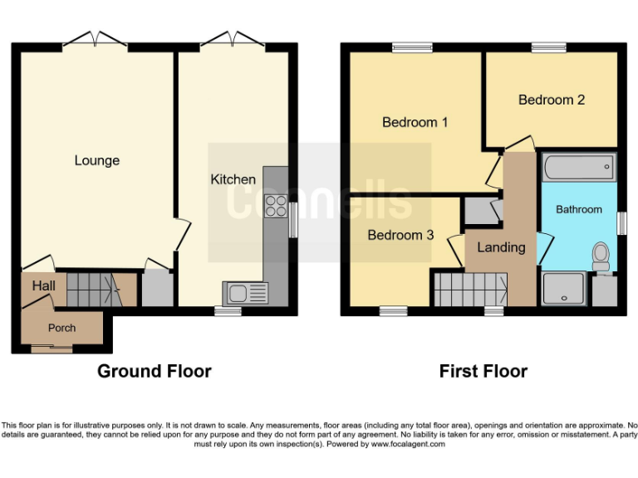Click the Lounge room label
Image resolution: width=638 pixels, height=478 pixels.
97,160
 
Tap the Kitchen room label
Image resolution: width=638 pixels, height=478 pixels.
233,179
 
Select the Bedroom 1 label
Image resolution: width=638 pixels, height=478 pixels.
415,122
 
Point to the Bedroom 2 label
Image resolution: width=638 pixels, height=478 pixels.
551,100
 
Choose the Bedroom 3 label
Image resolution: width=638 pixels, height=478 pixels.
400,235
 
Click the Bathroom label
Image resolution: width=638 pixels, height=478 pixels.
578,209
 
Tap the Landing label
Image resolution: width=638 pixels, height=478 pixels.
501,247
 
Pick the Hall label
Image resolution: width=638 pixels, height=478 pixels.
43,286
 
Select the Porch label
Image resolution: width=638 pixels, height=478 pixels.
61,328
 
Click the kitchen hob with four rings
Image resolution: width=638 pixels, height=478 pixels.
275,206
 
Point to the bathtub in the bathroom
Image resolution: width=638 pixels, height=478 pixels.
578,168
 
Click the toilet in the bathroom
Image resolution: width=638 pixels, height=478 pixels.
601,256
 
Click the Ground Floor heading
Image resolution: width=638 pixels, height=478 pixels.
155,371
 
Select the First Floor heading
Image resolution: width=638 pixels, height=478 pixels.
483,371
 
